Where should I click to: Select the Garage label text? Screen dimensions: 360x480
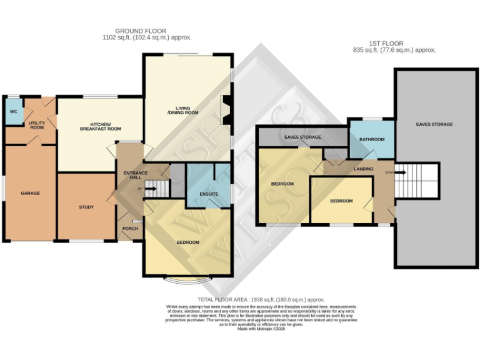pos(30,193)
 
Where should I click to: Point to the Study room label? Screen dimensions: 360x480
pos(86,207)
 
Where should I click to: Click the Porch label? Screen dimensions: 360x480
pos(130,228)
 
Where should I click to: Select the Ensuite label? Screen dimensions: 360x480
pos(209,194)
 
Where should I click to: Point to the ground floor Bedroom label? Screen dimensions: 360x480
pos(187,242)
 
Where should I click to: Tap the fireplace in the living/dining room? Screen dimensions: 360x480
pos(226,107)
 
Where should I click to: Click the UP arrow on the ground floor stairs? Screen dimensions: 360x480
pos(150,188)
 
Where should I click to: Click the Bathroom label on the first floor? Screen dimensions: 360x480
pos(371,139)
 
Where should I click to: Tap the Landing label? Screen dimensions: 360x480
pos(363,169)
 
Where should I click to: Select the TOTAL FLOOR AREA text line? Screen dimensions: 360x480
pos(261,300)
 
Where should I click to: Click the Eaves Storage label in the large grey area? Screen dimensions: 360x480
pos(434,124)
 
